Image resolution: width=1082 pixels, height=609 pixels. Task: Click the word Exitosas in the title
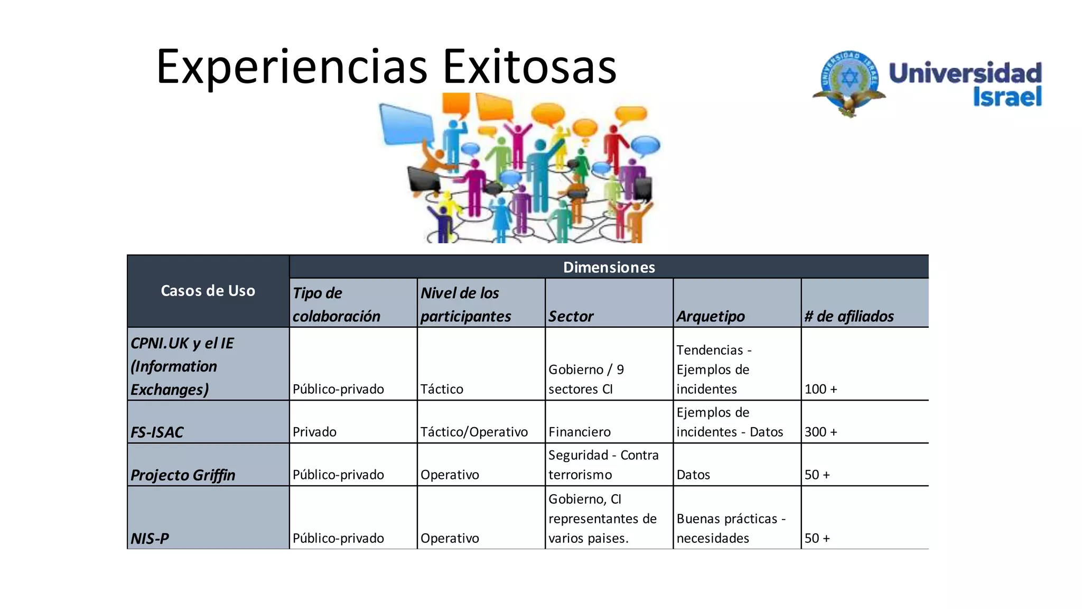[529, 67]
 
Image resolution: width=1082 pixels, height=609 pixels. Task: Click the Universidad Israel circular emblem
[849, 82]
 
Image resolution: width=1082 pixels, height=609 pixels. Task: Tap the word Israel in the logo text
[1007, 97]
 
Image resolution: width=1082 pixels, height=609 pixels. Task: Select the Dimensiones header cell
[609, 267]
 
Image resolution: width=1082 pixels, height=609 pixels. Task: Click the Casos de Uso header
[208, 291]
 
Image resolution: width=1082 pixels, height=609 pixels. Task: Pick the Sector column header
[571, 316]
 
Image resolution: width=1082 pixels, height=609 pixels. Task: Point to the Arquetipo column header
[711, 316]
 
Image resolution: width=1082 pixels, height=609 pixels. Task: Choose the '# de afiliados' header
[849, 316]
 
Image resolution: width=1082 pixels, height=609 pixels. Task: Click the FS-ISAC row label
[157, 432]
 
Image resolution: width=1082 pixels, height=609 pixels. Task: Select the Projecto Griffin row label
[183, 475]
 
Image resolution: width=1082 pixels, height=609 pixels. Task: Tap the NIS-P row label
[150, 539]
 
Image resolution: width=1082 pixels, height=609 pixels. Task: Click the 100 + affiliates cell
[820, 389]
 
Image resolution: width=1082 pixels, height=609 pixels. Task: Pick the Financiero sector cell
[580, 432]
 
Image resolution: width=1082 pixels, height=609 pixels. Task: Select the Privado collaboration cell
[314, 432]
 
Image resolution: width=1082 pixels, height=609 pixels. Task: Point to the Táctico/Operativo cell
[474, 432]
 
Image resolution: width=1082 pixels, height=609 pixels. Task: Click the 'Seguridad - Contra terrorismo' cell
[603, 465]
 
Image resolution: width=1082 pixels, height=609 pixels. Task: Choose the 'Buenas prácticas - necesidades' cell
[731, 528]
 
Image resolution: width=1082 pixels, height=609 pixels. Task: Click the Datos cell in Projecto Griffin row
[693, 475]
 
